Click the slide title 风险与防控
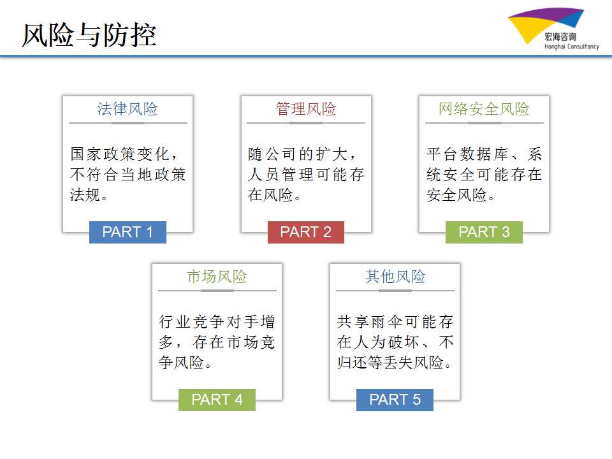coord(89,35)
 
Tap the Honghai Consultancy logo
coord(553,29)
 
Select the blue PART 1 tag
coord(127,232)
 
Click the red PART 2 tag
coord(305,232)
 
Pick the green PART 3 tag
coord(484,232)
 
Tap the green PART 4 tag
coord(217,400)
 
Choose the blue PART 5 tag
coord(395,400)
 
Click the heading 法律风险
coord(127,109)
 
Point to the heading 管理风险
coord(306,109)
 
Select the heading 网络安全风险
coord(484,109)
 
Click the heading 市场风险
coord(217,276)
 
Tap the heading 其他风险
coord(395,276)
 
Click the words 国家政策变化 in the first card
coord(119,154)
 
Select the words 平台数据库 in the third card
coord(467,154)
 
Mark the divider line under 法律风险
coord(128,123)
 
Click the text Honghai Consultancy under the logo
coord(572,47)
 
